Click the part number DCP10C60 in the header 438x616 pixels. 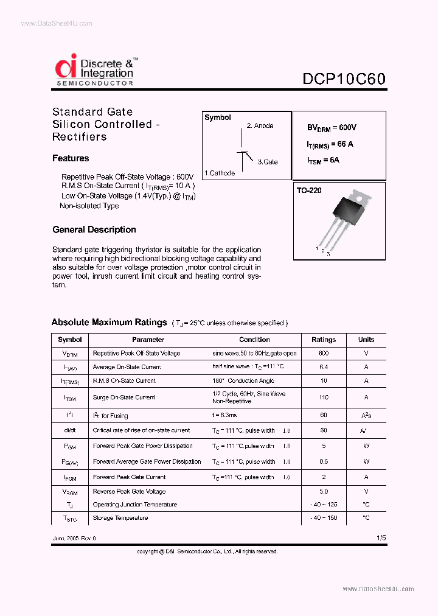(x=344, y=79)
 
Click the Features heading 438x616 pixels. (x=71, y=158)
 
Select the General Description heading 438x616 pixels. (x=94, y=229)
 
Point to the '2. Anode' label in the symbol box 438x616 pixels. (x=260, y=126)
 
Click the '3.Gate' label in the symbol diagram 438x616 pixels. (x=268, y=162)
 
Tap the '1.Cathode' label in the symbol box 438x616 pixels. (x=220, y=173)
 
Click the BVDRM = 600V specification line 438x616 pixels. (x=332, y=128)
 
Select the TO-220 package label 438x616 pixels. (x=309, y=191)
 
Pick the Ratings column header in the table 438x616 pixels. (x=324, y=340)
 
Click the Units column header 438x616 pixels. (x=366, y=340)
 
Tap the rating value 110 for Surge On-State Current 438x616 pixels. (x=324, y=397)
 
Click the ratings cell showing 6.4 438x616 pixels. (x=324, y=367)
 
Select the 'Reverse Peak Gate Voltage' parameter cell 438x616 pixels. (x=129, y=491)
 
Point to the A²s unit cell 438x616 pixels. (x=366, y=416)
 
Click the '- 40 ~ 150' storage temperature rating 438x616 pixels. (x=324, y=518)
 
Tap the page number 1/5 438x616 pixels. (x=381, y=538)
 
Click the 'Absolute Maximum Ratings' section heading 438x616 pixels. (x=109, y=323)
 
